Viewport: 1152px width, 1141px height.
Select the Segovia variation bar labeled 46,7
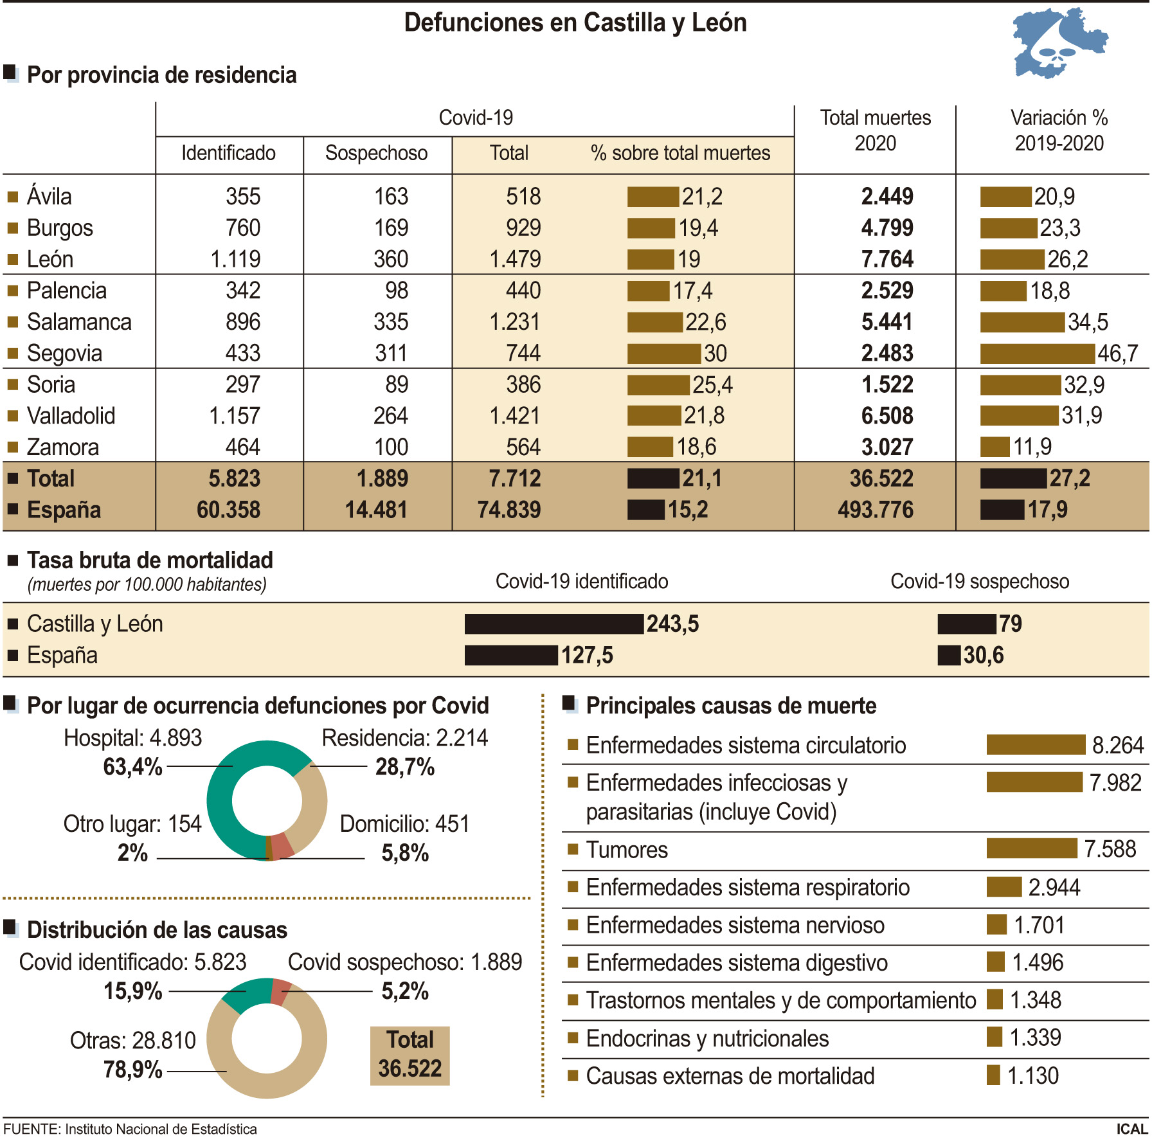[1036, 354]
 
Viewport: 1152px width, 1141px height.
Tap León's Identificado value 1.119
[235, 259]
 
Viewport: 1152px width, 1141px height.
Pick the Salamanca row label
[79, 322]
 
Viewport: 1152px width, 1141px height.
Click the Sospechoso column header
[376, 153]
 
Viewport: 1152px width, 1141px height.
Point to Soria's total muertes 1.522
[887, 384]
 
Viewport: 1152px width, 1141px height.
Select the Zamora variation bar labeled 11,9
[995, 447]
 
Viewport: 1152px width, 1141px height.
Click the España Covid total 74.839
[509, 510]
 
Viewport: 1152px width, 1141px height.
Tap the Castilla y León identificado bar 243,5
[553, 624]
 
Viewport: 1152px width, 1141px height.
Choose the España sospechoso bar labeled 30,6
[949, 655]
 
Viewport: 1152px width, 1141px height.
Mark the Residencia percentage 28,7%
[405, 767]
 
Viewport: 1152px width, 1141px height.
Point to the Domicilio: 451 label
[404, 823]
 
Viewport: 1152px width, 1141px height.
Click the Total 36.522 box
[410, 1055]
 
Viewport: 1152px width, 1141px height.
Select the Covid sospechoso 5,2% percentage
[405, 991]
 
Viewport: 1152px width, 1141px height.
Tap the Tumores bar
[1031, 849]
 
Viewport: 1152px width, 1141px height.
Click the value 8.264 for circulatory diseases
[1118, 745]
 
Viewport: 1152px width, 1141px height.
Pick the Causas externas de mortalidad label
[730, 1075]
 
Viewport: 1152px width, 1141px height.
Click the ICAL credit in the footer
[1131, 1129]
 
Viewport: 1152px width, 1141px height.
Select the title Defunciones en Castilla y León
[575, 23]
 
